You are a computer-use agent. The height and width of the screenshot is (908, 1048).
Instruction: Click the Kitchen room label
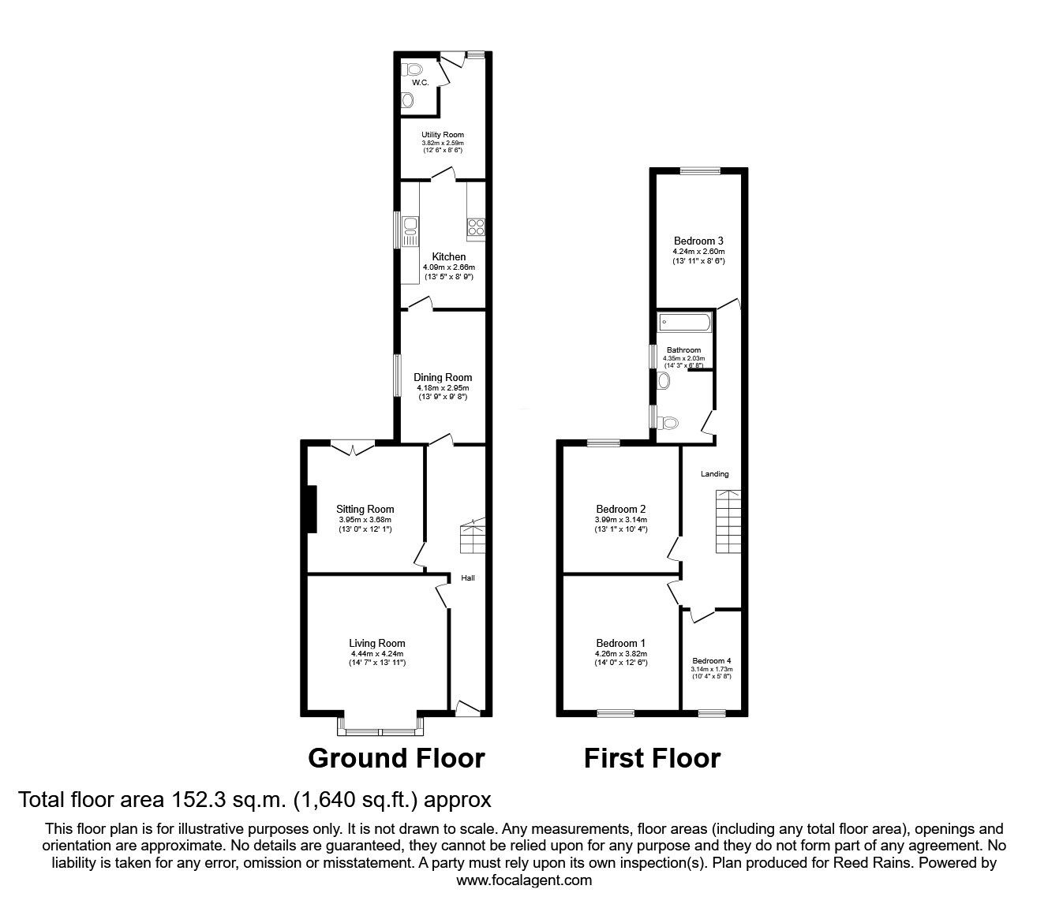tap(448, 256)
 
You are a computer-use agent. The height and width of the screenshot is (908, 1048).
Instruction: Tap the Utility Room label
tap(442, 135)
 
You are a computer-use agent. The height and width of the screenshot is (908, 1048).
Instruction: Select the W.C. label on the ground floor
tap(420, 83)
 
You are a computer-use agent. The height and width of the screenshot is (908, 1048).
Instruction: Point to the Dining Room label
tap(443, 377)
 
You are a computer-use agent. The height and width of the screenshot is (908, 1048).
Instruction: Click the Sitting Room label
tap(365, 509)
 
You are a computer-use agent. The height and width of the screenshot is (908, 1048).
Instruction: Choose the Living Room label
tap(377, 643)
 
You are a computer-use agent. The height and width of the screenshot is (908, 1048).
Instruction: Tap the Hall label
tap(468, 578)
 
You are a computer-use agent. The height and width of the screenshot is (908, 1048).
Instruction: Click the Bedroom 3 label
tap(698, 241)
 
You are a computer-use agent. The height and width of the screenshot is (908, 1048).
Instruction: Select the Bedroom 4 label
tap(712, 661)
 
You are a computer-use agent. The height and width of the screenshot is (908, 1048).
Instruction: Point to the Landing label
tap(715, 474)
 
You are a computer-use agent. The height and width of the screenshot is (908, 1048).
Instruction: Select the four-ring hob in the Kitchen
tap(477, 228)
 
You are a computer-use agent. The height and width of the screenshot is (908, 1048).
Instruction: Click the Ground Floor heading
tap(396, 758)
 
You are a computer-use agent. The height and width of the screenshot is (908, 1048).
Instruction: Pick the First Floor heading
tap(652, 758)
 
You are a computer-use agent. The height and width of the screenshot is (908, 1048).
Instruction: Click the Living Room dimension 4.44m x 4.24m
tap(377, 653)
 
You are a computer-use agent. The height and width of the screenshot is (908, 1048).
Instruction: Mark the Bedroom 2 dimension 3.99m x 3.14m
tap(621, 520)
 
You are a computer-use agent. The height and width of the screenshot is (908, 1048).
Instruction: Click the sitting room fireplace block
tap(312, 509)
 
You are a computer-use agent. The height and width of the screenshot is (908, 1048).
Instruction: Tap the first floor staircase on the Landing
tap(728, 521)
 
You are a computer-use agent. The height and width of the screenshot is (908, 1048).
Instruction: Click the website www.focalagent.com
tap(524, 880)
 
